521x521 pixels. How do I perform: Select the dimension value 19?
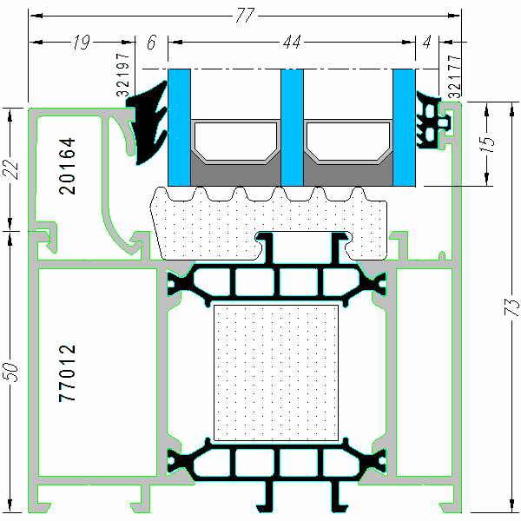pyautogui.click(x=82, y=41)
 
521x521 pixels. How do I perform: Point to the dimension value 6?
pyautogui.click(x=152, y=41)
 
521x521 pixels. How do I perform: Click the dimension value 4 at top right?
pyautogui.click(x=426, y=41)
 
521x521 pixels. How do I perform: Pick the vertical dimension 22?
pyautogui.click(x=12, y=170)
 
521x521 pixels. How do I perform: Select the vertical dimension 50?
pyautogui.click(x=12, y=370)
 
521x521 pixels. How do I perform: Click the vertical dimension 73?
pyautogui.click(x=511, y=307)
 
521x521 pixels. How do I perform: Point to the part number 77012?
pyautogui.click(x=69, y=373)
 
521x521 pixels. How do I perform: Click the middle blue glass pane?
pyautogui.click(x=292, y=127)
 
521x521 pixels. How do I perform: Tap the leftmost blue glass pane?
pyautogui.click(x=179, y=127)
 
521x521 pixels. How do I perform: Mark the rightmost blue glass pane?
pyautogui.click(x=404, y=127)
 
